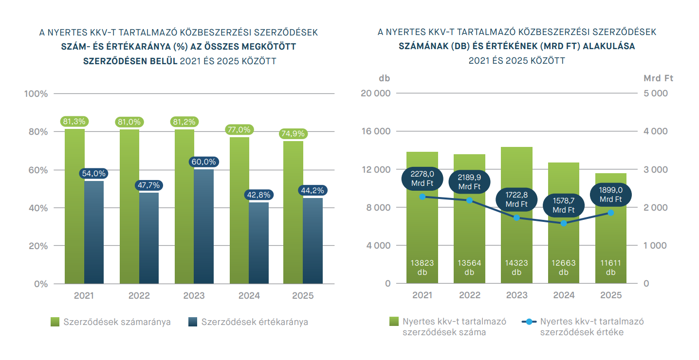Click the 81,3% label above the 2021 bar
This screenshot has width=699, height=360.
(x=74, y=122)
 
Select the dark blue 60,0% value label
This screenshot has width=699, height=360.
(x=204, y=162)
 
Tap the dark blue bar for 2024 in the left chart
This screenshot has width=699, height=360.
(x=259, y=243)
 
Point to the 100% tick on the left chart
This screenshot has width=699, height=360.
(x=36, y=94)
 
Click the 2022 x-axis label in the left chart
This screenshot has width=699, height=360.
(x=139, y=296)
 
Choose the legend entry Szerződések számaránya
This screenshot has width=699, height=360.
(x=111, y=322)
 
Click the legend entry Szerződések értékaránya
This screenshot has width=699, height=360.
(x=248, y=322)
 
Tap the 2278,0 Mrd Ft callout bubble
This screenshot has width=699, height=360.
(x=422, y=179)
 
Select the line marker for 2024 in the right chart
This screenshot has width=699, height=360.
(x=564, y=223)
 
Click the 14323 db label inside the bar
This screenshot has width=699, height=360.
(x=516, y=268)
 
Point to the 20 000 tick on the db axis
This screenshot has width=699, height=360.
(x=375, y=94)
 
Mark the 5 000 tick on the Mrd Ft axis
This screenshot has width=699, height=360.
(x=656, y=94)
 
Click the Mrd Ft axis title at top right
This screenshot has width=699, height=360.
(x=658, y=78)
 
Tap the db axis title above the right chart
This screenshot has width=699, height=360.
(x=385, y=78)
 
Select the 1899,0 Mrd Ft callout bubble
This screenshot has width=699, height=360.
(x=610, y=195)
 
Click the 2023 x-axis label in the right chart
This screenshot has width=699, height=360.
(x=516, y=295)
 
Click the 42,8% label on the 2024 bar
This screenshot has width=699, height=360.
(x=259, y=195)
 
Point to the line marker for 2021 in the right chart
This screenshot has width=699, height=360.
(x=422, y=197)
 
